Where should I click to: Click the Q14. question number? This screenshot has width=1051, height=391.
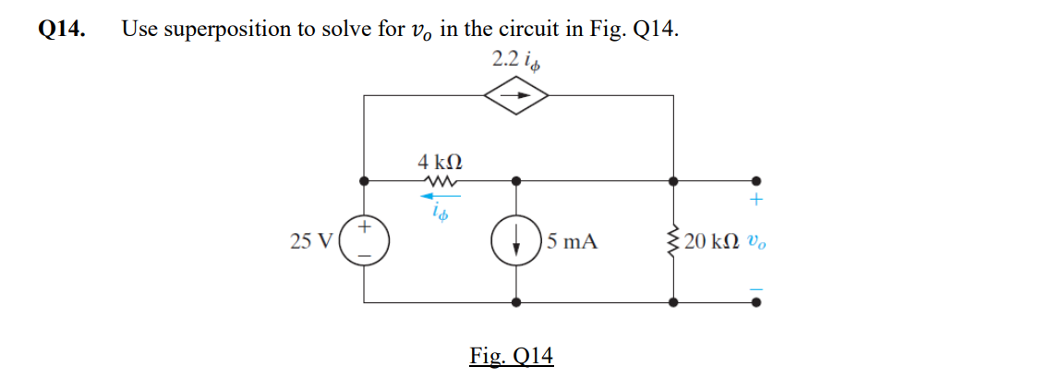(62, 29)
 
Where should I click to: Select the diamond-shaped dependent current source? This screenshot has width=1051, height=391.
(518, 94)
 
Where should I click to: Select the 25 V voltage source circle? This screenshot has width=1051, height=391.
(365, 241)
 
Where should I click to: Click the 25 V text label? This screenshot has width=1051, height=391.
(310, 242)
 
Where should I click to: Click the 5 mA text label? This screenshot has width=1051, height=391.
(572, 242)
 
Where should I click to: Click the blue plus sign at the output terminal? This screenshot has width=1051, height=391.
(757, 200)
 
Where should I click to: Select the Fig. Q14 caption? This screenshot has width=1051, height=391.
(511, 356)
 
